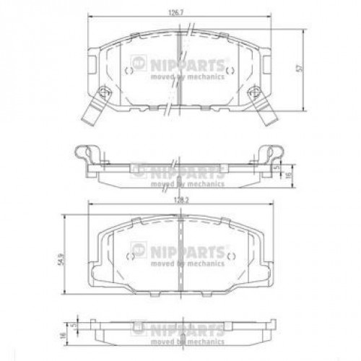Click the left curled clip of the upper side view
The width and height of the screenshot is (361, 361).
(88, 153)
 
